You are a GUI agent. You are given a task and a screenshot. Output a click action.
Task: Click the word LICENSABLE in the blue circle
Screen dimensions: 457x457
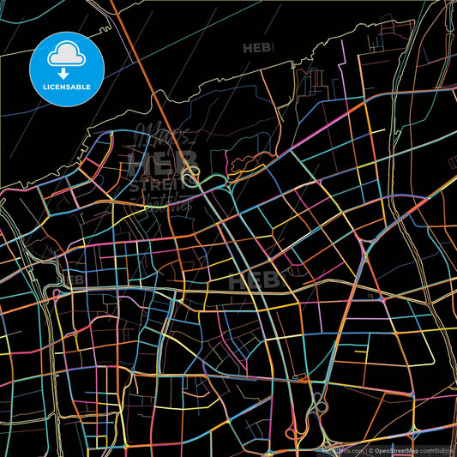click(66, 87)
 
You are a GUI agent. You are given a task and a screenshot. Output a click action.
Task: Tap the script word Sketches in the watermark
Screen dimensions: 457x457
click(163, 201)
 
